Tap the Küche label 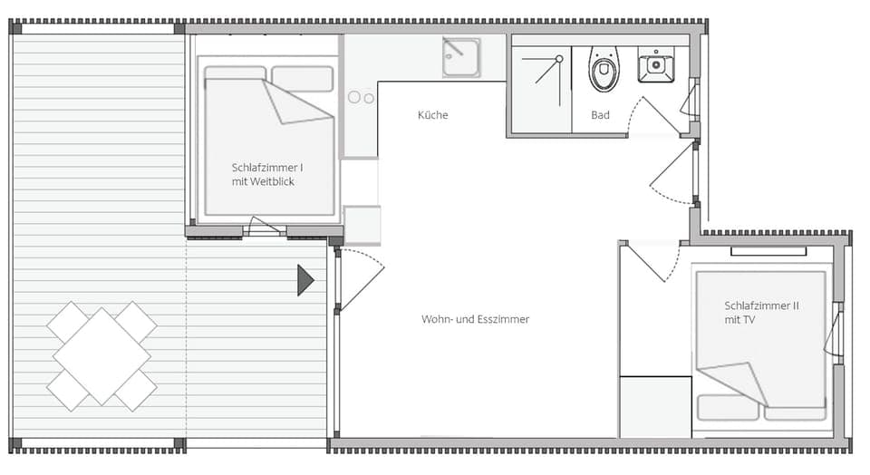click(432, 115)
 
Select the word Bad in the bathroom click(600, 115)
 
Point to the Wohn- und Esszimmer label click(475, 319)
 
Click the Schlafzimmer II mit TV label click(761, 313)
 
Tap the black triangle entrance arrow click(304, 280)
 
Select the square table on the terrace click(101, 356)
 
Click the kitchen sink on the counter click(460, 57)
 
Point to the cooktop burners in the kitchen click(362, 97)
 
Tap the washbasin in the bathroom click(655, 64)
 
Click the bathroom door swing click(654, 113)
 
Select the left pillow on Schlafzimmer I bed click(235, 73)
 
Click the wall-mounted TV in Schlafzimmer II click(768, 251)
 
